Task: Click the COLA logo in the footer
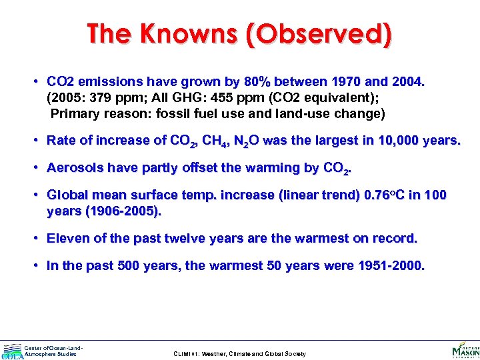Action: [12, 351]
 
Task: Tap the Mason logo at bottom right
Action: [465, 350]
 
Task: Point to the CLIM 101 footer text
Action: [239, 354]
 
